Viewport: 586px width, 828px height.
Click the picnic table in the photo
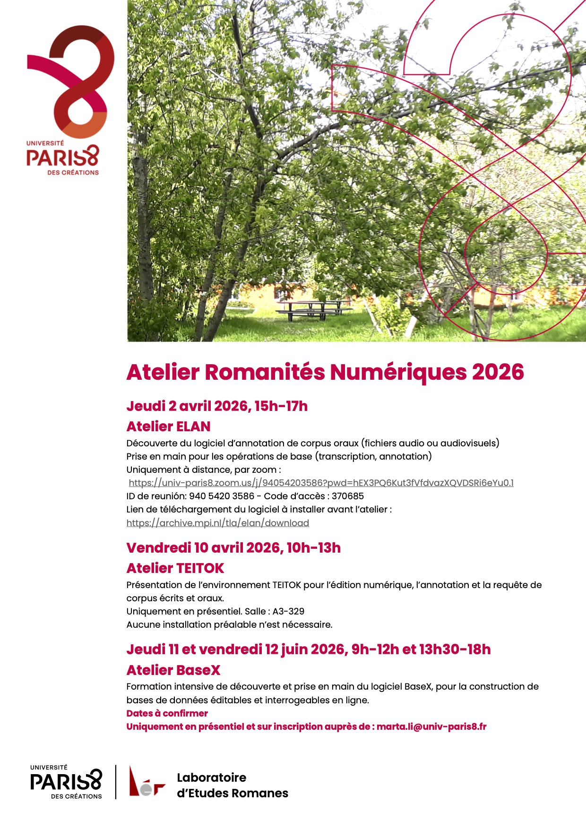click(314, 309)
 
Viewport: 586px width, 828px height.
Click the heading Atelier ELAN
click(168, 427)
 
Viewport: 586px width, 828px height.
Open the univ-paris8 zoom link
click(321, 483)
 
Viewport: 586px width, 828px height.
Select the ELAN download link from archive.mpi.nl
click(217, 523)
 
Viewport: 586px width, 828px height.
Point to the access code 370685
click(348, 496)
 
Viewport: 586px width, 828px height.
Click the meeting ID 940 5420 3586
click(222, 496)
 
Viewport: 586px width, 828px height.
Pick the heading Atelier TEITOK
click(175, 568)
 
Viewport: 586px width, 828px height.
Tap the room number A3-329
click(288, 611)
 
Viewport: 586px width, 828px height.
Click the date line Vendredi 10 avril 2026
click(233, 548)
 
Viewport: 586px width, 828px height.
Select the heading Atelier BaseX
click(173, 670)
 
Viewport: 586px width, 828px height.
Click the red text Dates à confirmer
click(167, 713)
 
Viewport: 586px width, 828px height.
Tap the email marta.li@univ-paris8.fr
click(431, 726)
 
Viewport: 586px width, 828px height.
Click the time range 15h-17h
click(281, 406)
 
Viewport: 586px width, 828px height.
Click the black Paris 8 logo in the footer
click(66, 782)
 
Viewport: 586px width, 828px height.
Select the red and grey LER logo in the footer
click(146, 782)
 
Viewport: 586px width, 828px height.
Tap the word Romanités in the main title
click(265, 372)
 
